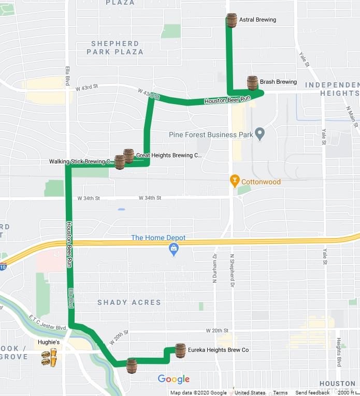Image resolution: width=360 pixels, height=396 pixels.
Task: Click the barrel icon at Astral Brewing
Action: click(x=232, y=20)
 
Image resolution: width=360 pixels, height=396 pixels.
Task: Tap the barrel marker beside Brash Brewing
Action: click(x=252, y=83)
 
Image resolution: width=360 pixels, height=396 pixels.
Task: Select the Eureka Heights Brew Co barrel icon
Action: click(x=180, y=350)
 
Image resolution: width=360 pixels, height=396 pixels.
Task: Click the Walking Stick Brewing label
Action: click(x=81, y=162)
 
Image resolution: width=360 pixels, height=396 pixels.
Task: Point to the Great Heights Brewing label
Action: click(x=168, y=155)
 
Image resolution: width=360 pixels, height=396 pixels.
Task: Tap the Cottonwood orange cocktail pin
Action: click(x=235, y=181)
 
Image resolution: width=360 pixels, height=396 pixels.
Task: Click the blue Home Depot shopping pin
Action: click(x=174, y=250)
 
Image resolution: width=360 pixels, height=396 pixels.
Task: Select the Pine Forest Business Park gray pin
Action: click(x=260, y=135)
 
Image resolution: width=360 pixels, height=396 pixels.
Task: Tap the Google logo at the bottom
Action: click(x=174, y=379)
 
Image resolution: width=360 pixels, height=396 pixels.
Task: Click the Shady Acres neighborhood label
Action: click(x=129, y=302)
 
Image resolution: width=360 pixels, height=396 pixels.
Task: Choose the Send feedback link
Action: click(x=312, y=393)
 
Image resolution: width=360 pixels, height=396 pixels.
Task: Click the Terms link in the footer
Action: click(x=280, y=393)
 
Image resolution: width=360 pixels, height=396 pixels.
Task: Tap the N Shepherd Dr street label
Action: click(x=232, y=270)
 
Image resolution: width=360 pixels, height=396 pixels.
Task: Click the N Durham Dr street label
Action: click(x=215, y=268)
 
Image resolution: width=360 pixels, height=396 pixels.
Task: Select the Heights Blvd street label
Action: click(x=339, y=352)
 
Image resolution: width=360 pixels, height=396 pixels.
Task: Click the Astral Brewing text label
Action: click(x=257, y=20)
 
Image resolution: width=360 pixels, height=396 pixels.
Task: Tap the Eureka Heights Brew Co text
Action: click(x=218, y=350)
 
